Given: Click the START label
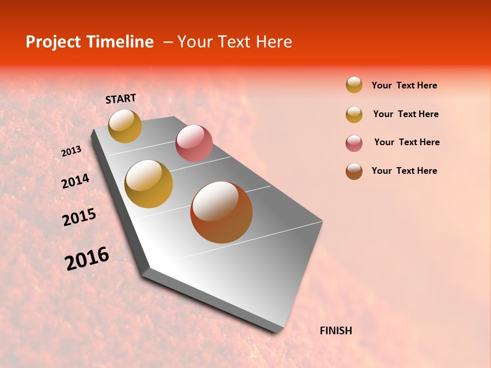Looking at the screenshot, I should click(121, 99).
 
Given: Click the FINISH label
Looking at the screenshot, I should click(336, 331).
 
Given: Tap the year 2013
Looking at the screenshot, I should click(71, 151).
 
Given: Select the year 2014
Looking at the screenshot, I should click(75, 181).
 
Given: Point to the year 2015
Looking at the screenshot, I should click(79, 217).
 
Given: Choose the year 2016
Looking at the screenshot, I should click(87, 259).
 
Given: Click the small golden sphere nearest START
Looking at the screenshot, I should click(125, 126).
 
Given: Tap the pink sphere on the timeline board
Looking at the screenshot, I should click(194, 143).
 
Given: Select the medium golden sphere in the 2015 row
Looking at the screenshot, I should click(149, 184).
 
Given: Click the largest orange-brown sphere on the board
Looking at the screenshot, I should click(221, 212).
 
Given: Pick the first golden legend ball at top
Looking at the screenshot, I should click(354, 85).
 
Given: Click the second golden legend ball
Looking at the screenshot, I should click(354, 114).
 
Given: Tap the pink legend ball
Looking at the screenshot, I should click(354, 143).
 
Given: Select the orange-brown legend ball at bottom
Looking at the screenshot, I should click(354, 171).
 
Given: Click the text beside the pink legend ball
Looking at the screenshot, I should click(407, 142).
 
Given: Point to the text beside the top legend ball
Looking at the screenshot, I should click(404, 85).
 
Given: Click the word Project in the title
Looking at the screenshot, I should click(54, 42).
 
